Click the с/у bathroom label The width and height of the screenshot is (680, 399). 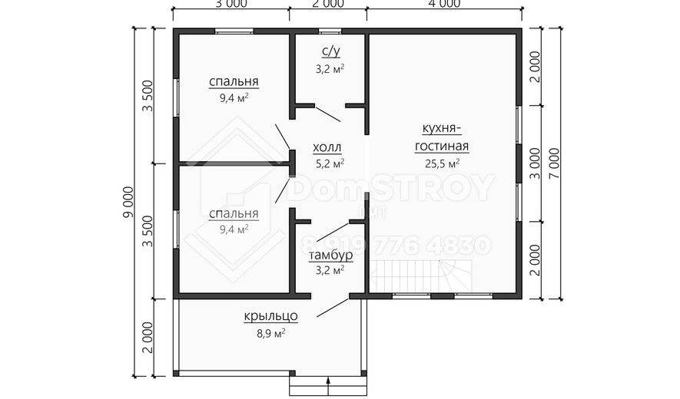330,51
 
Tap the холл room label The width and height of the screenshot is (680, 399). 327,148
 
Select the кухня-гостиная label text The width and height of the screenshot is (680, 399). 442,137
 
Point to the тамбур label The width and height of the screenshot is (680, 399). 330,256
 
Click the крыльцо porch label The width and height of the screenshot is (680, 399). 270,317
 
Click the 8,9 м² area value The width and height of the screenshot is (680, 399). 270,333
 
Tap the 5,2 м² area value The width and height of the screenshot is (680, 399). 330,163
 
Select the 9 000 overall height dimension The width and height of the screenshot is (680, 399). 129,203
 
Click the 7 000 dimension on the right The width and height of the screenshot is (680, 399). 555,163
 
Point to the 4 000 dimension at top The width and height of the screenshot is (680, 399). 445,4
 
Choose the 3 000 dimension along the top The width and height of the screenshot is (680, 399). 231,4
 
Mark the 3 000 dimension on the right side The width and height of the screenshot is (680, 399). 535,163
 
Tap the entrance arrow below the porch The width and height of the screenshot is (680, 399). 328,386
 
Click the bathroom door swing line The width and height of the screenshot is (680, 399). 327,114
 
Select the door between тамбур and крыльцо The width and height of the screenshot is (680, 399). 333,307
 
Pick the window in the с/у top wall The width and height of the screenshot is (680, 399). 330,31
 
